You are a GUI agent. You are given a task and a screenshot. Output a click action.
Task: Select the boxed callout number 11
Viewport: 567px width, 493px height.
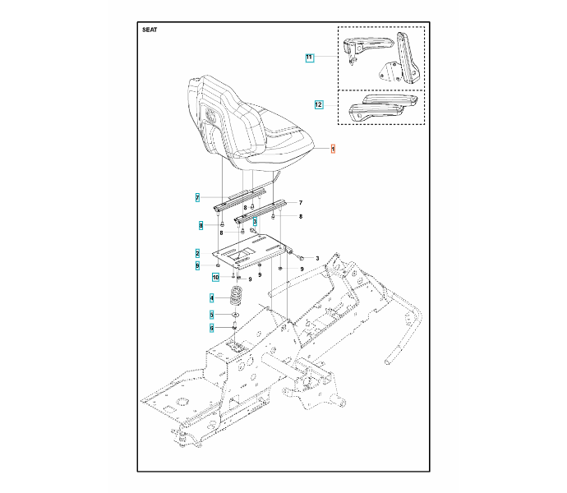coord(309,58)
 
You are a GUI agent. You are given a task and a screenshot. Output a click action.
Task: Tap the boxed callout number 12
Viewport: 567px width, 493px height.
coord(318,104)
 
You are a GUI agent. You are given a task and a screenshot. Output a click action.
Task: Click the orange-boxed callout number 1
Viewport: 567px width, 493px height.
coord(333,149)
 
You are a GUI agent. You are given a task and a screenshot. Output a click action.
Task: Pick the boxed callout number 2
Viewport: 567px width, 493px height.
coord(197,252)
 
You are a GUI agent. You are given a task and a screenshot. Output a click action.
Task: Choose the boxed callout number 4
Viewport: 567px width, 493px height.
coord(211,297)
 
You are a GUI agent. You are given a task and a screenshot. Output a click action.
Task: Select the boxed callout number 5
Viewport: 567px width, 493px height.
coord(211,314)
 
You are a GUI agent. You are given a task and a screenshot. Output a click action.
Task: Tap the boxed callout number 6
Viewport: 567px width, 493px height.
coord(211,328)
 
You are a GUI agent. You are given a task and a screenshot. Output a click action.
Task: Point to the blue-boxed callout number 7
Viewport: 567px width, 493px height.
coord(197,198)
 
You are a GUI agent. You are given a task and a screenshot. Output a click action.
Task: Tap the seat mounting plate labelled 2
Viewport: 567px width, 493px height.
coord(251,251)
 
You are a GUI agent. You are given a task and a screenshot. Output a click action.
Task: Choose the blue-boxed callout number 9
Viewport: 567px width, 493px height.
coord(197,265)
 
